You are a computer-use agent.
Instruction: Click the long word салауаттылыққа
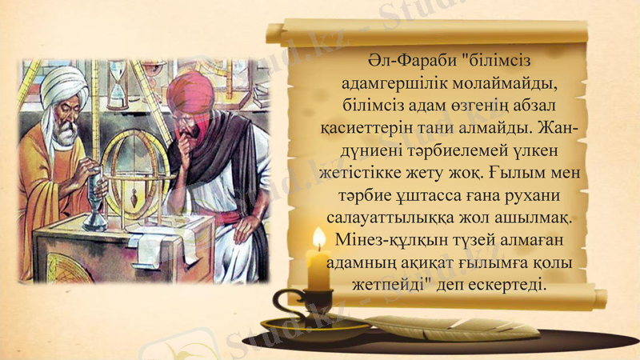click(395, 218)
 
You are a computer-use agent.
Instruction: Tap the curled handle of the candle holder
click(282, 302)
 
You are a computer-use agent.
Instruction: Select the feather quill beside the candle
click(448, 325)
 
